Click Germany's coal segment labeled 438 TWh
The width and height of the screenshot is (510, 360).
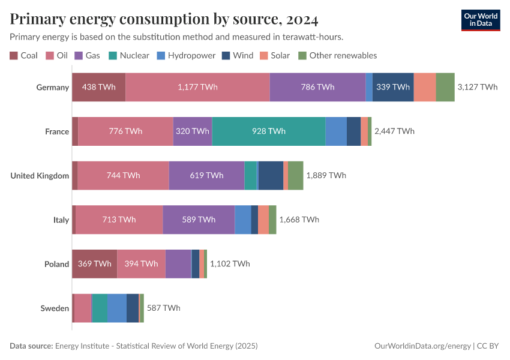[x=98, y=87]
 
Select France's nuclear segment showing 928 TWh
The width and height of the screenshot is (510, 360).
[x=269, y=131]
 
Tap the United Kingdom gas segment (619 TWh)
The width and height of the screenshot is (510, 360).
[x=206, y=175]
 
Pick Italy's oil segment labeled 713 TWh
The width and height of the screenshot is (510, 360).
[x=119, y=220]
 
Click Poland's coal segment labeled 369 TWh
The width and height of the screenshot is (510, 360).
[x=94, y=263]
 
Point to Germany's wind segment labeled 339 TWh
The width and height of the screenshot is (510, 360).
[x=392, y=87]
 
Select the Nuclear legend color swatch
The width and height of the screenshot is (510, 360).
[x=112, y=56]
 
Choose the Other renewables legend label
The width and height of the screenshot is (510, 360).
[x=343, y=56]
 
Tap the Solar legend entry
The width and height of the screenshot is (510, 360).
[x=280, y=56]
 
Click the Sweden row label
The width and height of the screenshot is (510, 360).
[x=55, y=308]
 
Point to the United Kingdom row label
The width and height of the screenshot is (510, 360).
[x=40, y=176]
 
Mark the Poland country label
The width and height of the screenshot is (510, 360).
[x=56, y=264]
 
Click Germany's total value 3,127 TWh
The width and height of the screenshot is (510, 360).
[x=477, y=87]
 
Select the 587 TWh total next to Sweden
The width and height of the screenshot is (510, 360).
[x=163, y=308]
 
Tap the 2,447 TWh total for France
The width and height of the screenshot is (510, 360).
[x=394, y=131]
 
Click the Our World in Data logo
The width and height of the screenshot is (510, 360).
[x=481, y=20]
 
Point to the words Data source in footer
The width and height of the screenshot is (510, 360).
[x=31, y=346]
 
